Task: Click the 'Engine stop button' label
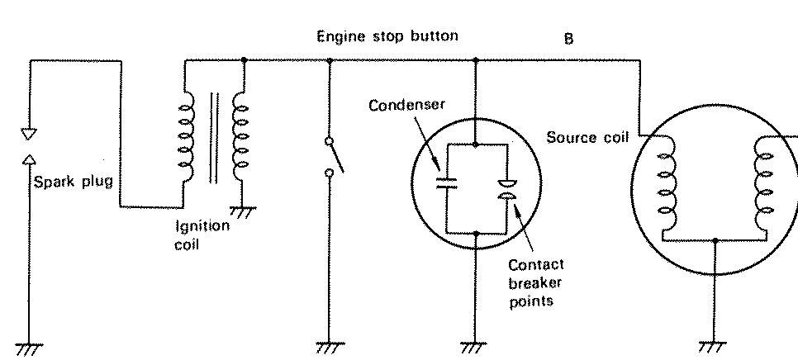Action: (387, 36)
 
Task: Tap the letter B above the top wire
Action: (568, 39)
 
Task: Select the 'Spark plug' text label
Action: (73, 181)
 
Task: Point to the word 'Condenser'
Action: (407, 105)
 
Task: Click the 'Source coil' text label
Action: (587, 137)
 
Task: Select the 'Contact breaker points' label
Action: (535, 282)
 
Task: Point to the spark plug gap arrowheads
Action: (29, 145)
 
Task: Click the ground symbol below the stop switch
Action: (328, 348)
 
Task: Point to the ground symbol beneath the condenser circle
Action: (475, 348)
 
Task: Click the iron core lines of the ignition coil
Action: (214, 138)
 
